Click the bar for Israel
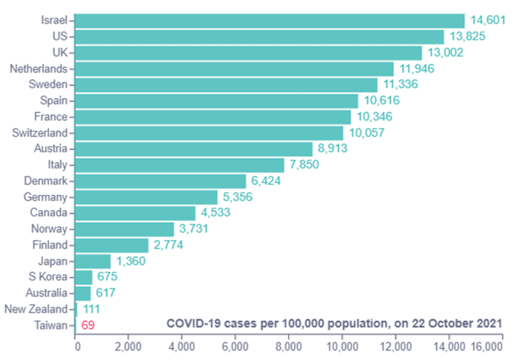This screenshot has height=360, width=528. [270, 21]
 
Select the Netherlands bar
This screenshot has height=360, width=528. [235, 69]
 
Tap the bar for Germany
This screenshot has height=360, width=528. [146, 197]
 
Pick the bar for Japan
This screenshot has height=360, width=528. [93, 261]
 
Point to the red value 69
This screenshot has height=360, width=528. [88, 325]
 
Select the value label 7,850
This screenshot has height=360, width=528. [303, 165]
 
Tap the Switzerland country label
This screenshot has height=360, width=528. [40, 133]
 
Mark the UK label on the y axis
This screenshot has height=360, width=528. [60, 52]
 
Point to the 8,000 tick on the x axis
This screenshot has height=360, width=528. [289, 346]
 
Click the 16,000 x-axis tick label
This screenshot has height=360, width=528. [486, 346]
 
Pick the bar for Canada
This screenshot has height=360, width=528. [136, 213]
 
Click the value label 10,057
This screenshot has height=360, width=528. [367, 133]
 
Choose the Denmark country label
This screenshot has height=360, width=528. [45, 181]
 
